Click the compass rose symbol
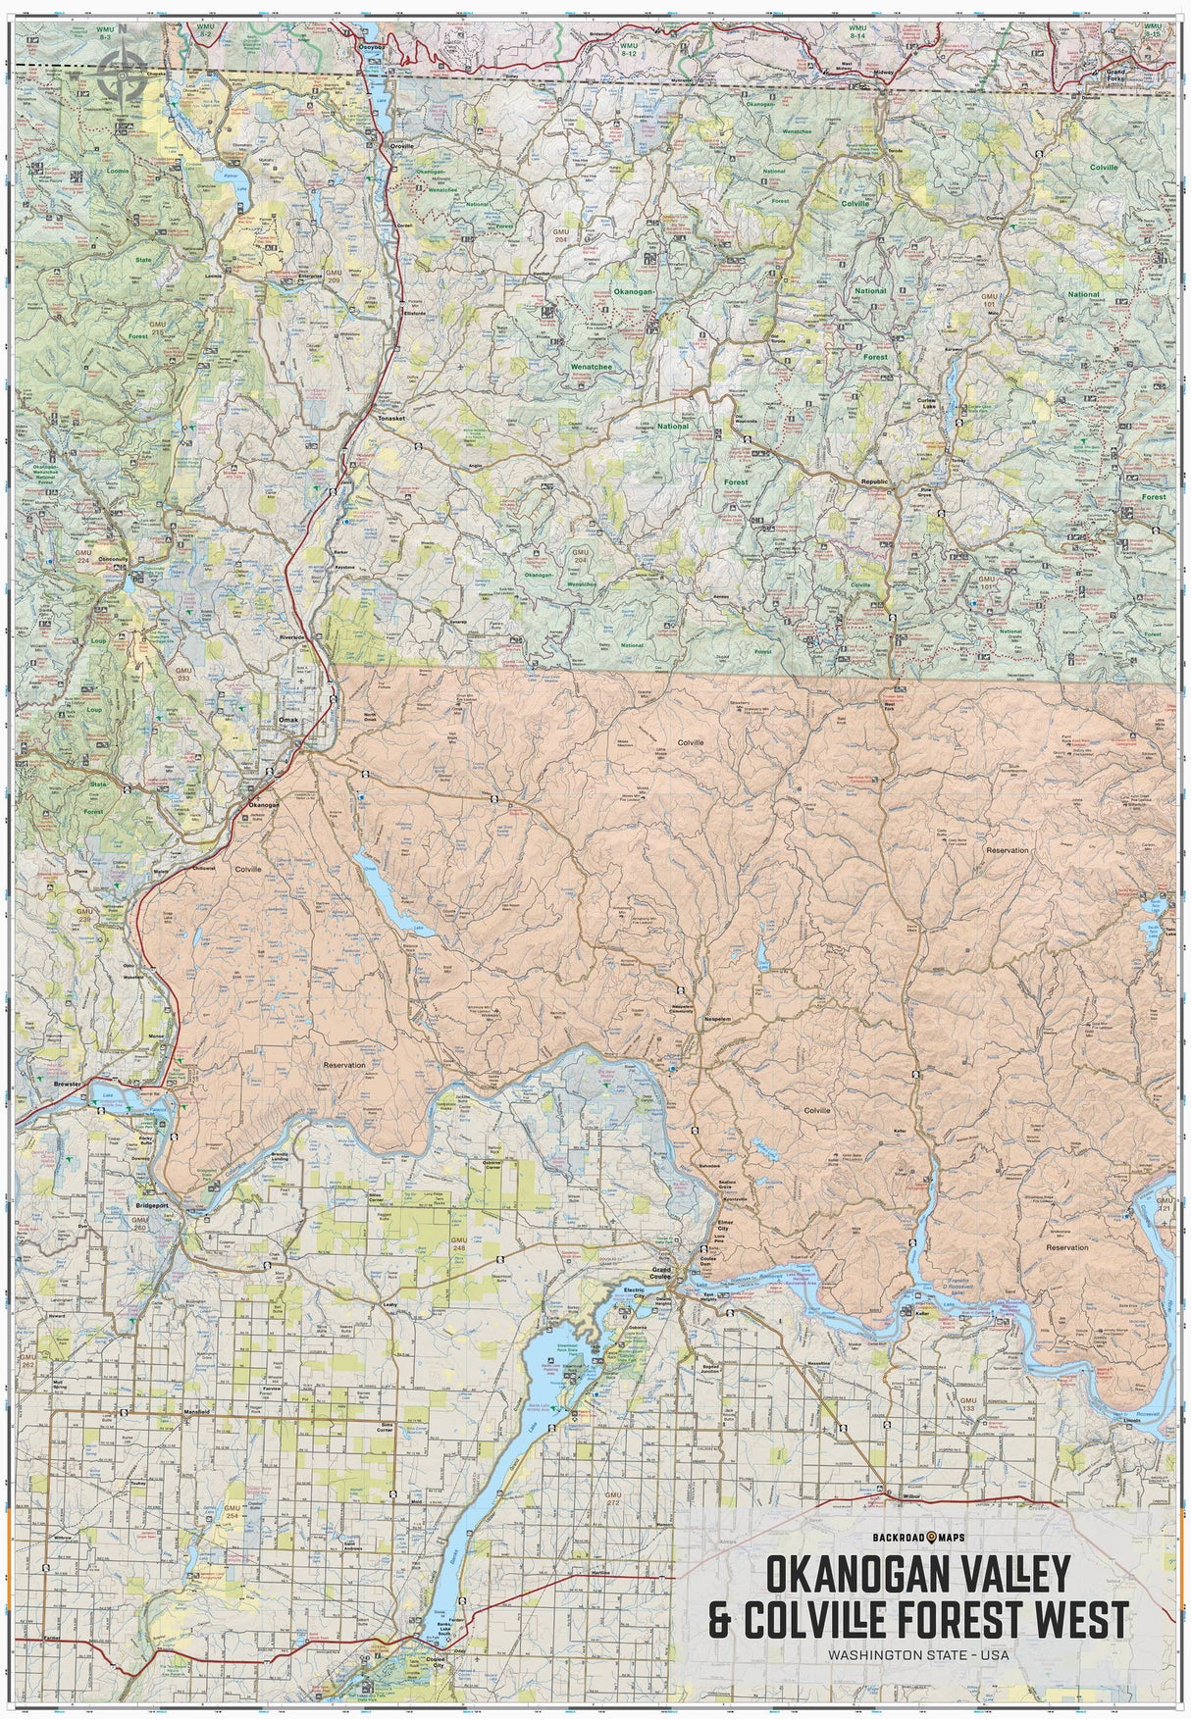124,69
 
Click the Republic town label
873,482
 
